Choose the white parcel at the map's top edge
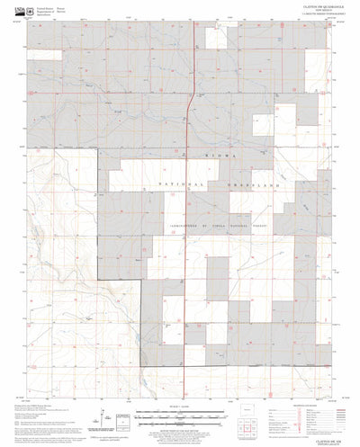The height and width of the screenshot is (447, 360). pyautogui.click(x=216, y=36)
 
